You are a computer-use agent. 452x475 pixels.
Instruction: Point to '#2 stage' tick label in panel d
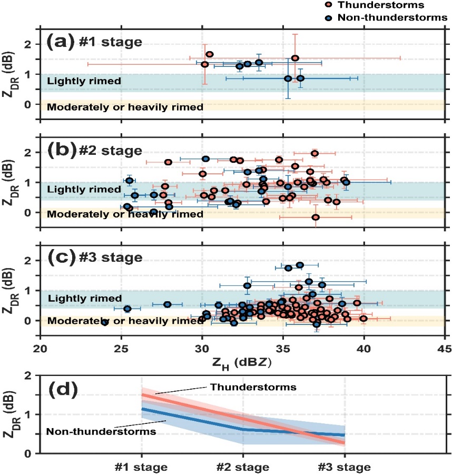tap(242, 467)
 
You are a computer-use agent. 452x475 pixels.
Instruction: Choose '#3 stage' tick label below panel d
tap(345, 467)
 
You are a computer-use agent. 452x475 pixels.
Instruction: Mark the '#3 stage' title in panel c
tap(116, 258)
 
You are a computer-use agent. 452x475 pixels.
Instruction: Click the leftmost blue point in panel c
tap(105, 322)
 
